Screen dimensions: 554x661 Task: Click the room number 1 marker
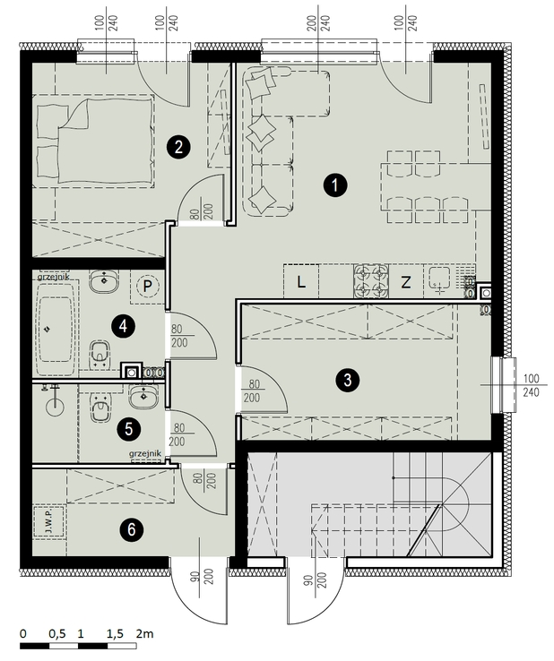point(335,185)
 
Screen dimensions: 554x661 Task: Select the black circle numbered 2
point(178,147)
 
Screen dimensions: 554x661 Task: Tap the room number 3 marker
point(347,380)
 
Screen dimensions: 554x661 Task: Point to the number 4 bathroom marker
point(123,326)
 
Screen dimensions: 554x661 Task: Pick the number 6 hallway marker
point(131,529)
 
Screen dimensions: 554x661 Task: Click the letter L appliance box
point(301,281)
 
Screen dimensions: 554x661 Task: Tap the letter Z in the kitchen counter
point(405,282)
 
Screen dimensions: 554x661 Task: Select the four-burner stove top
point(371,281)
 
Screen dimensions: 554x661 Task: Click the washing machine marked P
point(147,287)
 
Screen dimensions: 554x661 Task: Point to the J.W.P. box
point(49,522)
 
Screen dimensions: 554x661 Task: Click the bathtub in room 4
point(56,330)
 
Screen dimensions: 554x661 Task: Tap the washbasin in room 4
point(104,281)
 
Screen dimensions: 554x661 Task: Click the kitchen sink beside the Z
point(440,280)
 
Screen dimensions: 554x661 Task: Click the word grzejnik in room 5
point(145,453)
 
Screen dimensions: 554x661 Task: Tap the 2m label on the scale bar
point(144,633)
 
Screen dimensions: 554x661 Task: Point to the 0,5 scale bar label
point(57,633)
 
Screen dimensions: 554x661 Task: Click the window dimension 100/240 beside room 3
point(531,385)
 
